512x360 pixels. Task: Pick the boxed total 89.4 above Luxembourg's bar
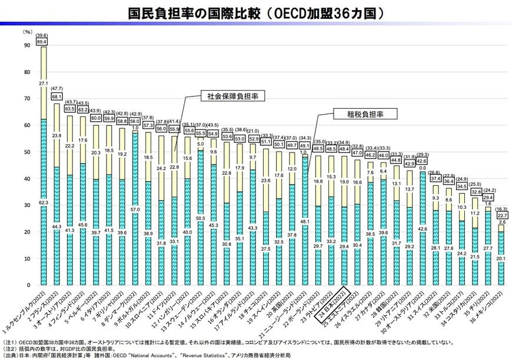click(42, 42)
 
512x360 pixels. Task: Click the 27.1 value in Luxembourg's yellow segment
click(44, 84)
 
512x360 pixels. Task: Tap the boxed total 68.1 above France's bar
click(57, 96)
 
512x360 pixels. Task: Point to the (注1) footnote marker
click(11, 341)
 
